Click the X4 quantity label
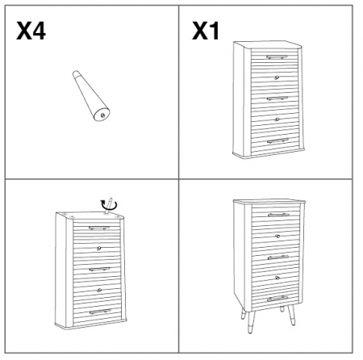click(31, 31)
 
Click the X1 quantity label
click(206, 31)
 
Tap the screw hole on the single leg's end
click(102, 115)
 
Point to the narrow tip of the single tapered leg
click(76, 73)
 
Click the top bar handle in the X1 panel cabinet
click(277, 57)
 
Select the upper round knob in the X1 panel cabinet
click(277, 77)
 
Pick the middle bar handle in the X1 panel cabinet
click(277, 98)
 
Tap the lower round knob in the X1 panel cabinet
click(277, 119)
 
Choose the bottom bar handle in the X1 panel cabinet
click(277, 140)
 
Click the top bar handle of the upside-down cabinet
click(99, 228)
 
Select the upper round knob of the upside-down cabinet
click(99, 248)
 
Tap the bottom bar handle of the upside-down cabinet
click(100, 312)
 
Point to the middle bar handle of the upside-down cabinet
click(99, 269)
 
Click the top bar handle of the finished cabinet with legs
click(278, 215)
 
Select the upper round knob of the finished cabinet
click(277, 237)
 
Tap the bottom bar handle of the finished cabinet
click(277, 299)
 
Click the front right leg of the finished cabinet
click(291, 316)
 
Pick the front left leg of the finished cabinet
click(250, 323)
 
